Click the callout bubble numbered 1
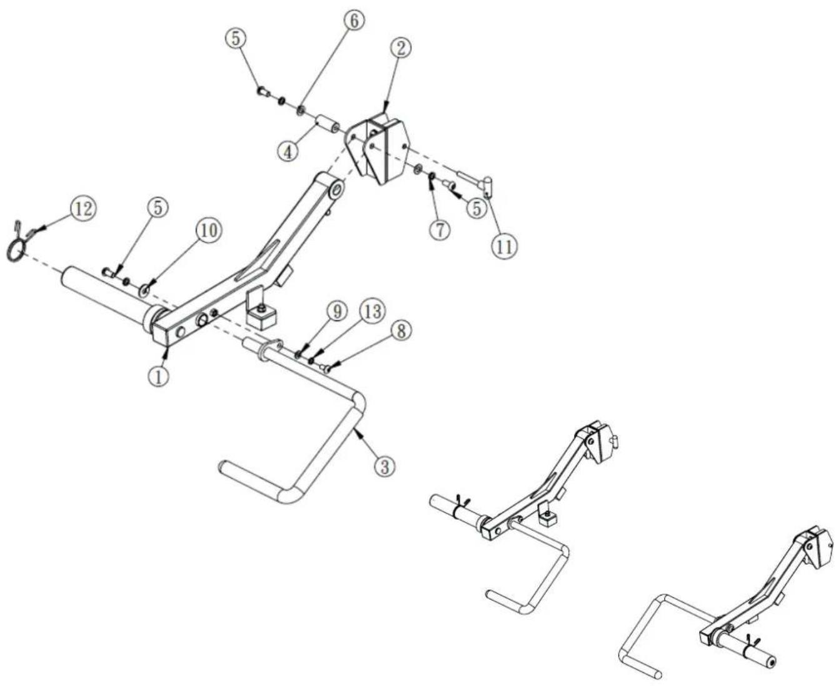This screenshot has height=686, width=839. (159, 375)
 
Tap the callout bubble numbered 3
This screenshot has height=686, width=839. (385, 465)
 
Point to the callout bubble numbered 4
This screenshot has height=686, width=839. (289, 151)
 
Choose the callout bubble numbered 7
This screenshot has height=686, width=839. (440, 229)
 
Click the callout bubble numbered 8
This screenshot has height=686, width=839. (402, 331)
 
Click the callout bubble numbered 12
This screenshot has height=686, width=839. (84, 209)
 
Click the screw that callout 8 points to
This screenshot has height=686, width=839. (326, 369)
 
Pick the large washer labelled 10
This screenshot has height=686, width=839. (144, 291)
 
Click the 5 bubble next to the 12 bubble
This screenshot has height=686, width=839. (158, 207)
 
